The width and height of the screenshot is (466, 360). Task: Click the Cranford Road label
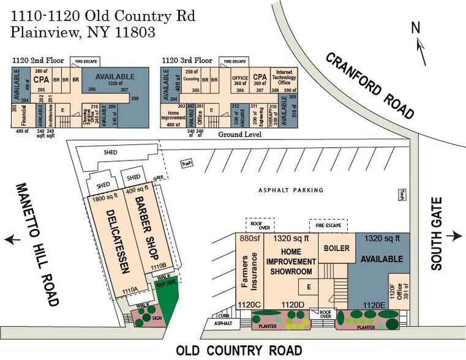370,85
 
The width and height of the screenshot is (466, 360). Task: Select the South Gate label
436,238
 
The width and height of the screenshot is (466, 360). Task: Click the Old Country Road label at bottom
239,351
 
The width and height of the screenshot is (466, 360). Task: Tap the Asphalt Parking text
290,190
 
